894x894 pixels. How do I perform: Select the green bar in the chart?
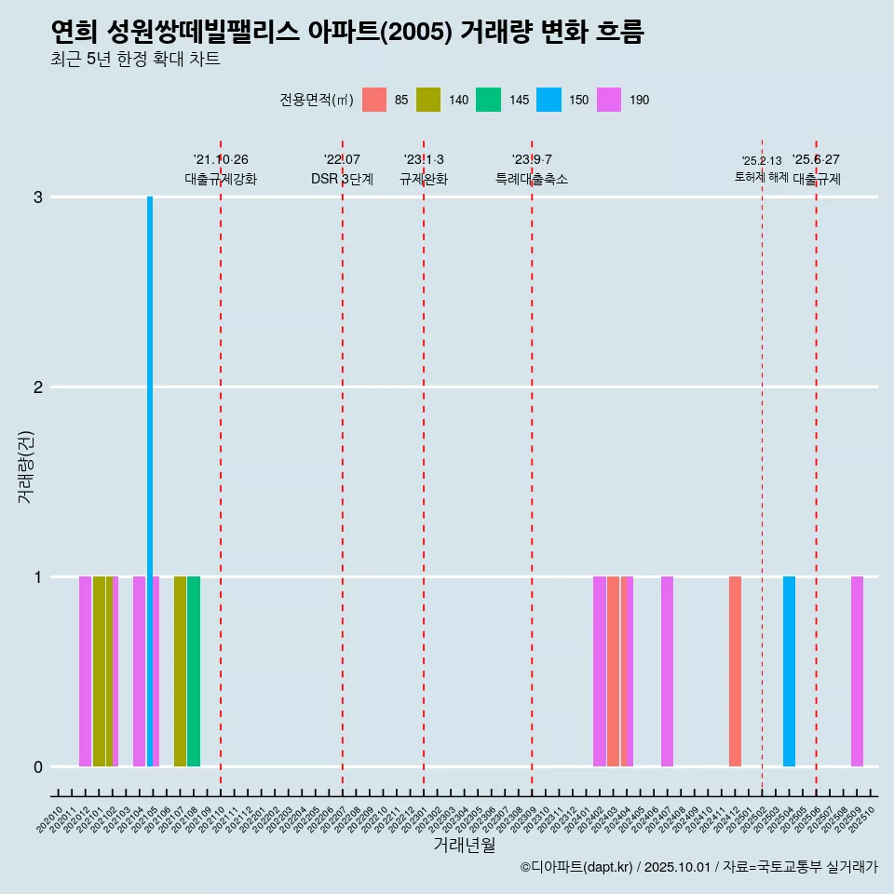[x=194, y=670]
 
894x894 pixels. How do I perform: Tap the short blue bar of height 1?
[x=789, y=670]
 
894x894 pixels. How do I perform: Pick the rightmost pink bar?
[x=857, y=670]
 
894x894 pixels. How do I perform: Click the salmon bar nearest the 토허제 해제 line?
[x=735, y=670]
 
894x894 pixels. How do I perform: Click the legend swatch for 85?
[x=374, y=100]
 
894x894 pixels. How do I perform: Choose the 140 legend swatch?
[x=428, y=100]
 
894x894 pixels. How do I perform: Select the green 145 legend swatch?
[x=488, y=100]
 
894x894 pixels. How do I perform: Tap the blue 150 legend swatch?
[x=549, y=100]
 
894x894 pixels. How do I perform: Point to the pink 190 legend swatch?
[x=609, y=100]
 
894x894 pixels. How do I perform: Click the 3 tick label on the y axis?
[x=38, y=197]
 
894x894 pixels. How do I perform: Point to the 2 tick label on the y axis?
[x=38, y=387]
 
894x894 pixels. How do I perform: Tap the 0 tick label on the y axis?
[x=38, y=767]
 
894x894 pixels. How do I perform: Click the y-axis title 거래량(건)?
[x=25, y=466]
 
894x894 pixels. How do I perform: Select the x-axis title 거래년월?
[x=464, y=846]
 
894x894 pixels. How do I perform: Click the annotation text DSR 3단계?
[x=343, y=179]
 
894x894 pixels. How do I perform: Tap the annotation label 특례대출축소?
[x=532, y=179]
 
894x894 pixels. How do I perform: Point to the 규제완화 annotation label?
[x=424, y=179]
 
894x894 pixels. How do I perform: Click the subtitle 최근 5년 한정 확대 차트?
[x=135, y=60]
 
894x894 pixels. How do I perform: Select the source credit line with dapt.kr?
[x=698, y=867]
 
